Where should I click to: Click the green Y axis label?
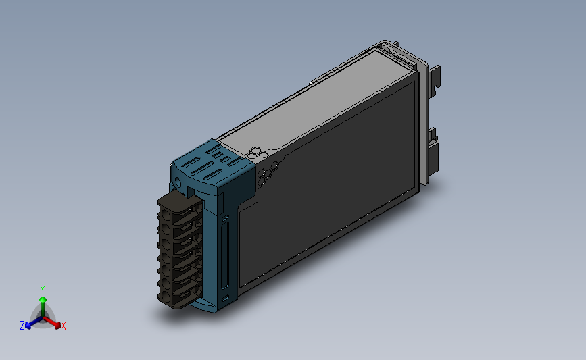(x=43, y=290)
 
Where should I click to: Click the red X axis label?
(x=63, y=326)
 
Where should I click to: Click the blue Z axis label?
(x=22, y=326)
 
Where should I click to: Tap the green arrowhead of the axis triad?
(x=43, y=299)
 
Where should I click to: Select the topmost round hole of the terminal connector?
(x=166, y=216)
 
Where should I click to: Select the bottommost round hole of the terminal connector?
(x=166, y=297)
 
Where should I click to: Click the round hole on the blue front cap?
(x=178, y=183)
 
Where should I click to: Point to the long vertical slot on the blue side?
(x=224, y=256)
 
